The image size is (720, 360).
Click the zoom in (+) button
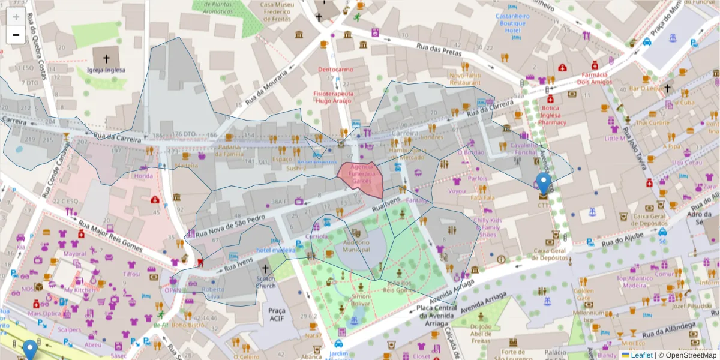16,16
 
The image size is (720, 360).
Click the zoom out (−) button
16,35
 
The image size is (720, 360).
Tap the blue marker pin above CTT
544,182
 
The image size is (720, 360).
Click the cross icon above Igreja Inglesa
106,59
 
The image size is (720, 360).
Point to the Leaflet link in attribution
641,355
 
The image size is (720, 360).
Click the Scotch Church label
266,282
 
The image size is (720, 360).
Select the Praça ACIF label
277,314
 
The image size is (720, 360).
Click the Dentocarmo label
335,70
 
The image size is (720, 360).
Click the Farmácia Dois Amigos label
594,78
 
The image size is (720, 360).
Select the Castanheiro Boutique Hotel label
511,22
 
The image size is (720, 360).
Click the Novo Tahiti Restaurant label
465,79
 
